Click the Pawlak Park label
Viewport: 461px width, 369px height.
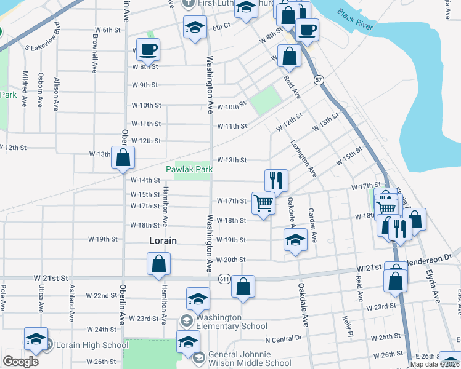(189, 169)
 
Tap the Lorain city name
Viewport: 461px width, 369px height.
(163, 241)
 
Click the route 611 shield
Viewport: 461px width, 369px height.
(224, 279)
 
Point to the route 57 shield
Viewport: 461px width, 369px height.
(318, 80)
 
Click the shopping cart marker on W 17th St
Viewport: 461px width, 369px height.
(263, 202)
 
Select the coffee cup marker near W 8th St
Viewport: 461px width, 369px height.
(148, 49)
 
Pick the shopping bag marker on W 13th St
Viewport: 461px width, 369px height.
(123, 157)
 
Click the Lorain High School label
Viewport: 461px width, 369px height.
(92, 346)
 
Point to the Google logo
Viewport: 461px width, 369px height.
(20, 362)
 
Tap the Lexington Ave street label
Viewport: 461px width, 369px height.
(303, 158)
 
